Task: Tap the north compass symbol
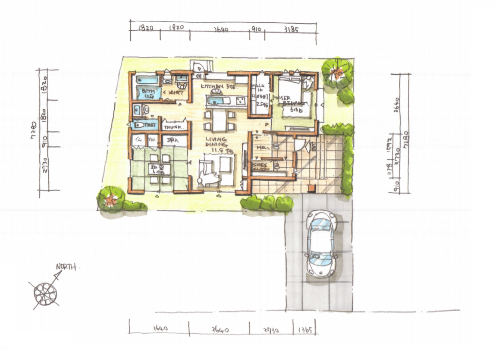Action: click(45, 293)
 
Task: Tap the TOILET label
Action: click(150, 125)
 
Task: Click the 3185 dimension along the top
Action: click(291, 30)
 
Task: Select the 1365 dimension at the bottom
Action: click(306, 331)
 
